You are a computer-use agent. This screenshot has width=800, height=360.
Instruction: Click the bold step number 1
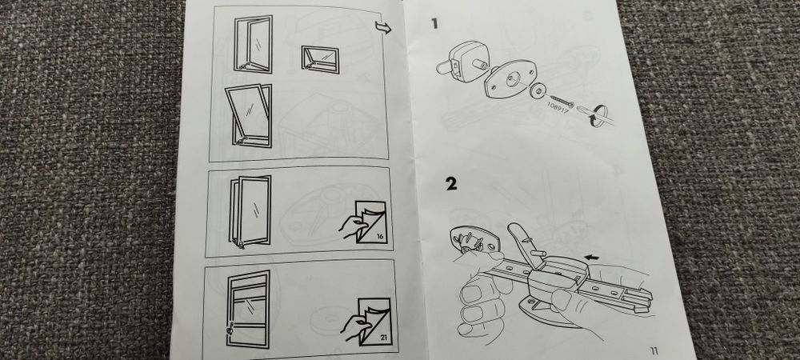coord(434,25)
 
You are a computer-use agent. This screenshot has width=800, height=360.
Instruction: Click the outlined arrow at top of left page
coord(382,29)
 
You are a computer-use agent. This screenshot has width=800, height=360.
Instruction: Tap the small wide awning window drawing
coord(318,58)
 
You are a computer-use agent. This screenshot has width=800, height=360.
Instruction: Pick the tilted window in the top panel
coord(249,118)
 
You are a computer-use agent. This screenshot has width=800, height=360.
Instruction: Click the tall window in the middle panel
coord(251,210)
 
